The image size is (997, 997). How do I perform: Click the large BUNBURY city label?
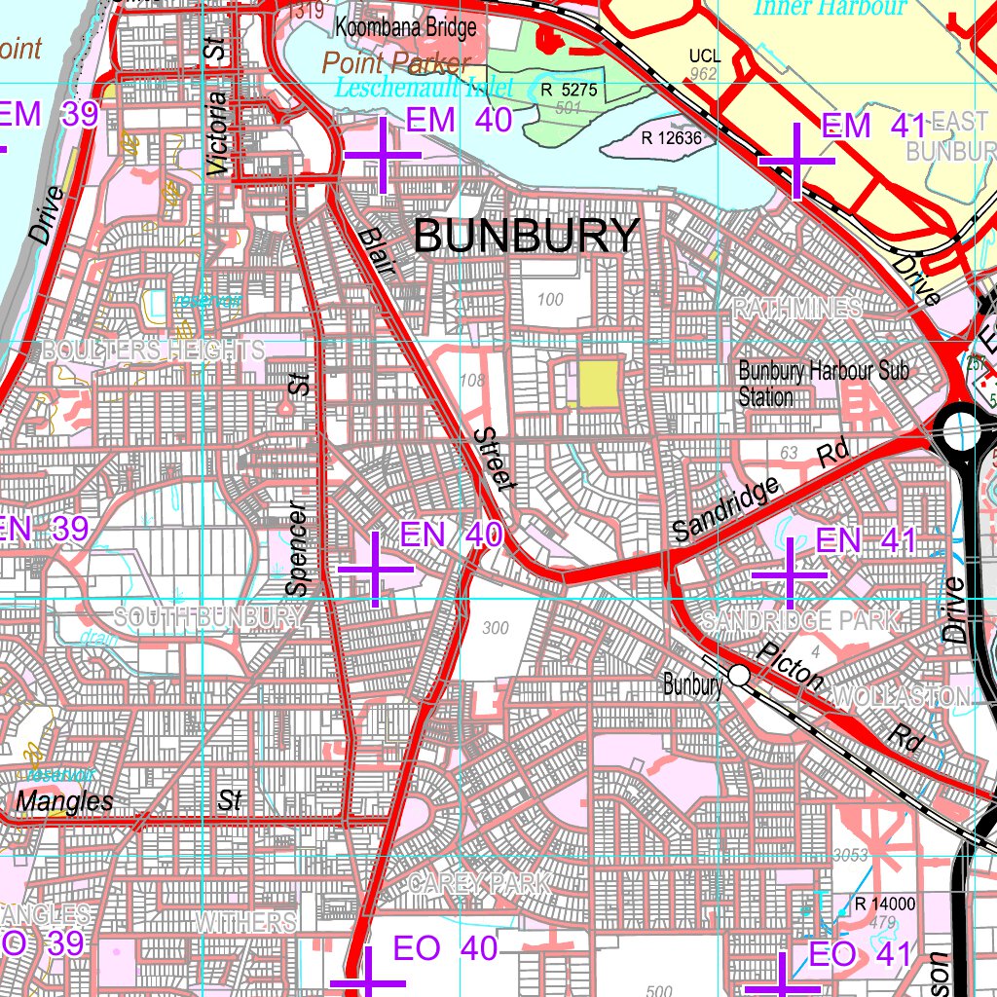coord(527,237)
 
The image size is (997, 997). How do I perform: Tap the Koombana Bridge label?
coord(407,27)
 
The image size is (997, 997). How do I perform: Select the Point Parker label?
coord(396,64)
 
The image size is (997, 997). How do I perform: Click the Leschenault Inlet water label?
coord(424,88)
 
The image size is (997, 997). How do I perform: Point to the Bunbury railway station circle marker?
coord(739,675)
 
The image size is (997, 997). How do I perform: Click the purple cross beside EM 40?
coord(383,155)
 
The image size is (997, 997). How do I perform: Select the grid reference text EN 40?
coord(452,534)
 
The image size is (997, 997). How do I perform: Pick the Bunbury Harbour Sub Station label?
coord(824,384)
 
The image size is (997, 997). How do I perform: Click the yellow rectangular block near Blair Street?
coord(599,383)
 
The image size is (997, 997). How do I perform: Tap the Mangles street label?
coord(64,801)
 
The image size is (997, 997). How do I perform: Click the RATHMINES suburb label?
coord(797,309)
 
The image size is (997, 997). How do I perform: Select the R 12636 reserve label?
coord(671,137)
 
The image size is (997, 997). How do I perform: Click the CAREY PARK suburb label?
coord(479,884)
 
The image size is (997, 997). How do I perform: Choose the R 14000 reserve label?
coord(884,905)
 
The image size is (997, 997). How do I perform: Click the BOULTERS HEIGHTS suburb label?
coord(152,350)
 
